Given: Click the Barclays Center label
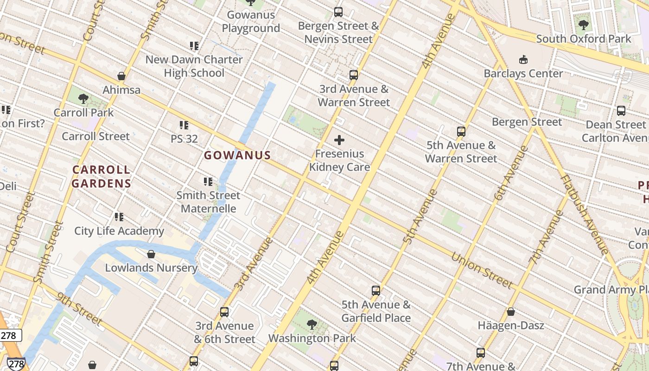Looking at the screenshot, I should pos(523,73).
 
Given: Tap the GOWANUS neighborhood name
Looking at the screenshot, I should pos(237,155).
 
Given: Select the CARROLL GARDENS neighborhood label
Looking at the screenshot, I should pos(102,176).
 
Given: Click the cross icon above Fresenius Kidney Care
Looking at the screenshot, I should pos(339,140).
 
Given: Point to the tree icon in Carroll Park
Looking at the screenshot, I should pos(83,98).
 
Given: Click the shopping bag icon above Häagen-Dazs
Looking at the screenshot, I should pos(510,312).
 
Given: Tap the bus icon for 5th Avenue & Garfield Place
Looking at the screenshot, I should pos(376,291).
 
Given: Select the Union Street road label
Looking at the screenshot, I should pos(482,270).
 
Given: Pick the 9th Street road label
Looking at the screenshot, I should pos(79,308).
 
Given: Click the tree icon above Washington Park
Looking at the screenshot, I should pos(312,325).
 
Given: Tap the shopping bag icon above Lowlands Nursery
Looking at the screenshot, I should pos(151,254).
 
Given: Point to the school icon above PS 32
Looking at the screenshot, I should pos(184,125).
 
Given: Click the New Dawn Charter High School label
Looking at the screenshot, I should pos(194,66).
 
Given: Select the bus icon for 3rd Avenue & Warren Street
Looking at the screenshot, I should pos(354,75).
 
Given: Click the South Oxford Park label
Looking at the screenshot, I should pos(583,38).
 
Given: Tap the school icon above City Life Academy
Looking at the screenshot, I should pos(119,217).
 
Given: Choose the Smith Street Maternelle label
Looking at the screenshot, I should pos(208,202).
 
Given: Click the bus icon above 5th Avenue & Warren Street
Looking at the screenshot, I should pos(461,131).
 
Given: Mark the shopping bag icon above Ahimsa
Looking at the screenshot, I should pos(121,76).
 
